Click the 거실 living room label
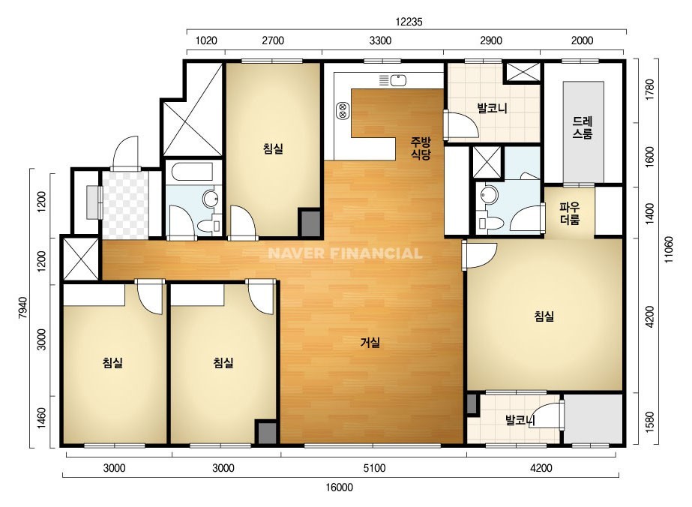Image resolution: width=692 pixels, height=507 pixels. pyautogui.click(x=370, y=342)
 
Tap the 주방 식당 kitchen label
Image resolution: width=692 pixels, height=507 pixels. pyautogui.click(x=421, y=148)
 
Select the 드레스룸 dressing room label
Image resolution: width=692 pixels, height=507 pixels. pyautogui.click(x=582, y=127)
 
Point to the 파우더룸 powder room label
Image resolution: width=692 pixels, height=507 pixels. pyautogui.click(x=569, y=213)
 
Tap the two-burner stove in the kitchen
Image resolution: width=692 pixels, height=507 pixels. pyautogui.click(x=343, y=110)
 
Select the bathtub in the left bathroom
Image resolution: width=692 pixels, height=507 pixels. pyautogui.click(x=192, y=172)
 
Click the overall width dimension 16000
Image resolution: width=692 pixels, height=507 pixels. pyautogui.click(x=340, y=487)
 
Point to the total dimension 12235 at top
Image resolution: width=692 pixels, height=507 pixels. pyautogui.click(x=409, y=22)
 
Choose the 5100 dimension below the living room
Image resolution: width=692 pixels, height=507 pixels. pyautogui.click(x=374, y=468)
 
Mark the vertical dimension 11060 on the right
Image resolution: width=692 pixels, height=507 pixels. pyautogui.click(x=670, y=250)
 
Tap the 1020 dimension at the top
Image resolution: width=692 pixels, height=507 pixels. pyautogui.click(x=206, y=40)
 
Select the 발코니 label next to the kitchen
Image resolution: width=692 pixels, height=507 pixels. pyautogui.click(x=492, y=108)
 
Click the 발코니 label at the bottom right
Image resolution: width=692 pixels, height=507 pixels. pyautogui.click(x=520, y=420)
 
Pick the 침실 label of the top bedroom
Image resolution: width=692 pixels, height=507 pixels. pyautogui.click(x=273, y=148)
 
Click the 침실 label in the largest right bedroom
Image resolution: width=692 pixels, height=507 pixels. pyautogui.click(x=544, y=316)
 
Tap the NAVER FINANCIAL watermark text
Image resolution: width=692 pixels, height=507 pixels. pyautogui.click(x=345, y=253)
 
